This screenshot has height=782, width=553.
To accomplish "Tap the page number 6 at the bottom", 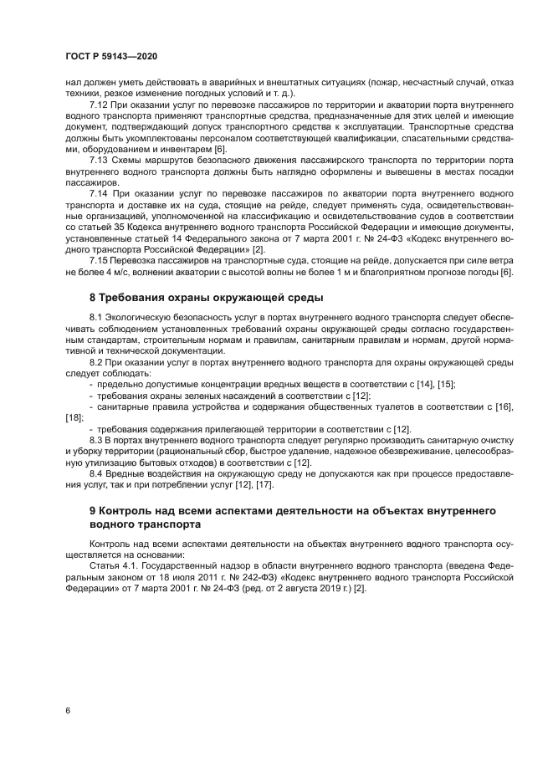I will [x=69, y=710].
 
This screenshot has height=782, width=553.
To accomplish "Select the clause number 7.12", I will [x=99, y=106].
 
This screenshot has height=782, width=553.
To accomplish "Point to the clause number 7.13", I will [x=99, y=160].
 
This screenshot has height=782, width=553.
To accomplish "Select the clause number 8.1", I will [x=96, y=319].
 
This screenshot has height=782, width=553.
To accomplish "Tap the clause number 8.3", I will [x=96, y=439].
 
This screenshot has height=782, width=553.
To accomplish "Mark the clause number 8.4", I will [x=96, y=472].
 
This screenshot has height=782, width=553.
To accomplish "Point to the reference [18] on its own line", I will [x=74, y=417].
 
